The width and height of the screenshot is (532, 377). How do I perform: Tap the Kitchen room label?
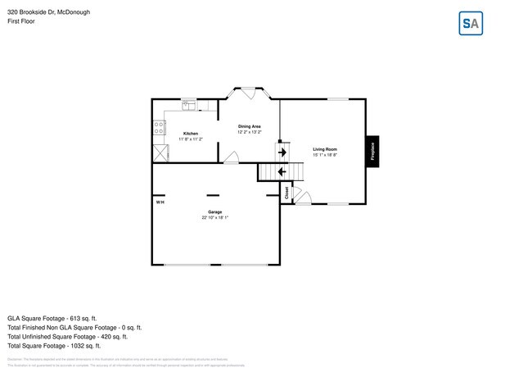point(190,134)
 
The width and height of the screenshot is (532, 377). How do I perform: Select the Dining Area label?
point(250,125)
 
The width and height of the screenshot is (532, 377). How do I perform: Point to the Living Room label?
point(325,149)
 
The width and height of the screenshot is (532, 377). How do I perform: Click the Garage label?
point(214,212)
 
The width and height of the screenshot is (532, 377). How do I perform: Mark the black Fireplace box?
point(372,151)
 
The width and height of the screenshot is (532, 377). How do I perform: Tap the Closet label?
point(286,193)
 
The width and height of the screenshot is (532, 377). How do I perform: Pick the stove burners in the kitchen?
point(157,128)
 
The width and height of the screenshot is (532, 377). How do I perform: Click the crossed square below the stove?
point(159,153)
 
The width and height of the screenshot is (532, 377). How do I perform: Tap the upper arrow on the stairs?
point(282,152)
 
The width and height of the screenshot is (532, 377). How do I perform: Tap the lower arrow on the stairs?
point(282,171)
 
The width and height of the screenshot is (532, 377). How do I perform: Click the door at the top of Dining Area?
point(249,93)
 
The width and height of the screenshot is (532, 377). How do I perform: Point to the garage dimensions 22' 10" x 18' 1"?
point(214,218)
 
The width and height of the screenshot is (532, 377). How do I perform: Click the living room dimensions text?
point(325,155)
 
